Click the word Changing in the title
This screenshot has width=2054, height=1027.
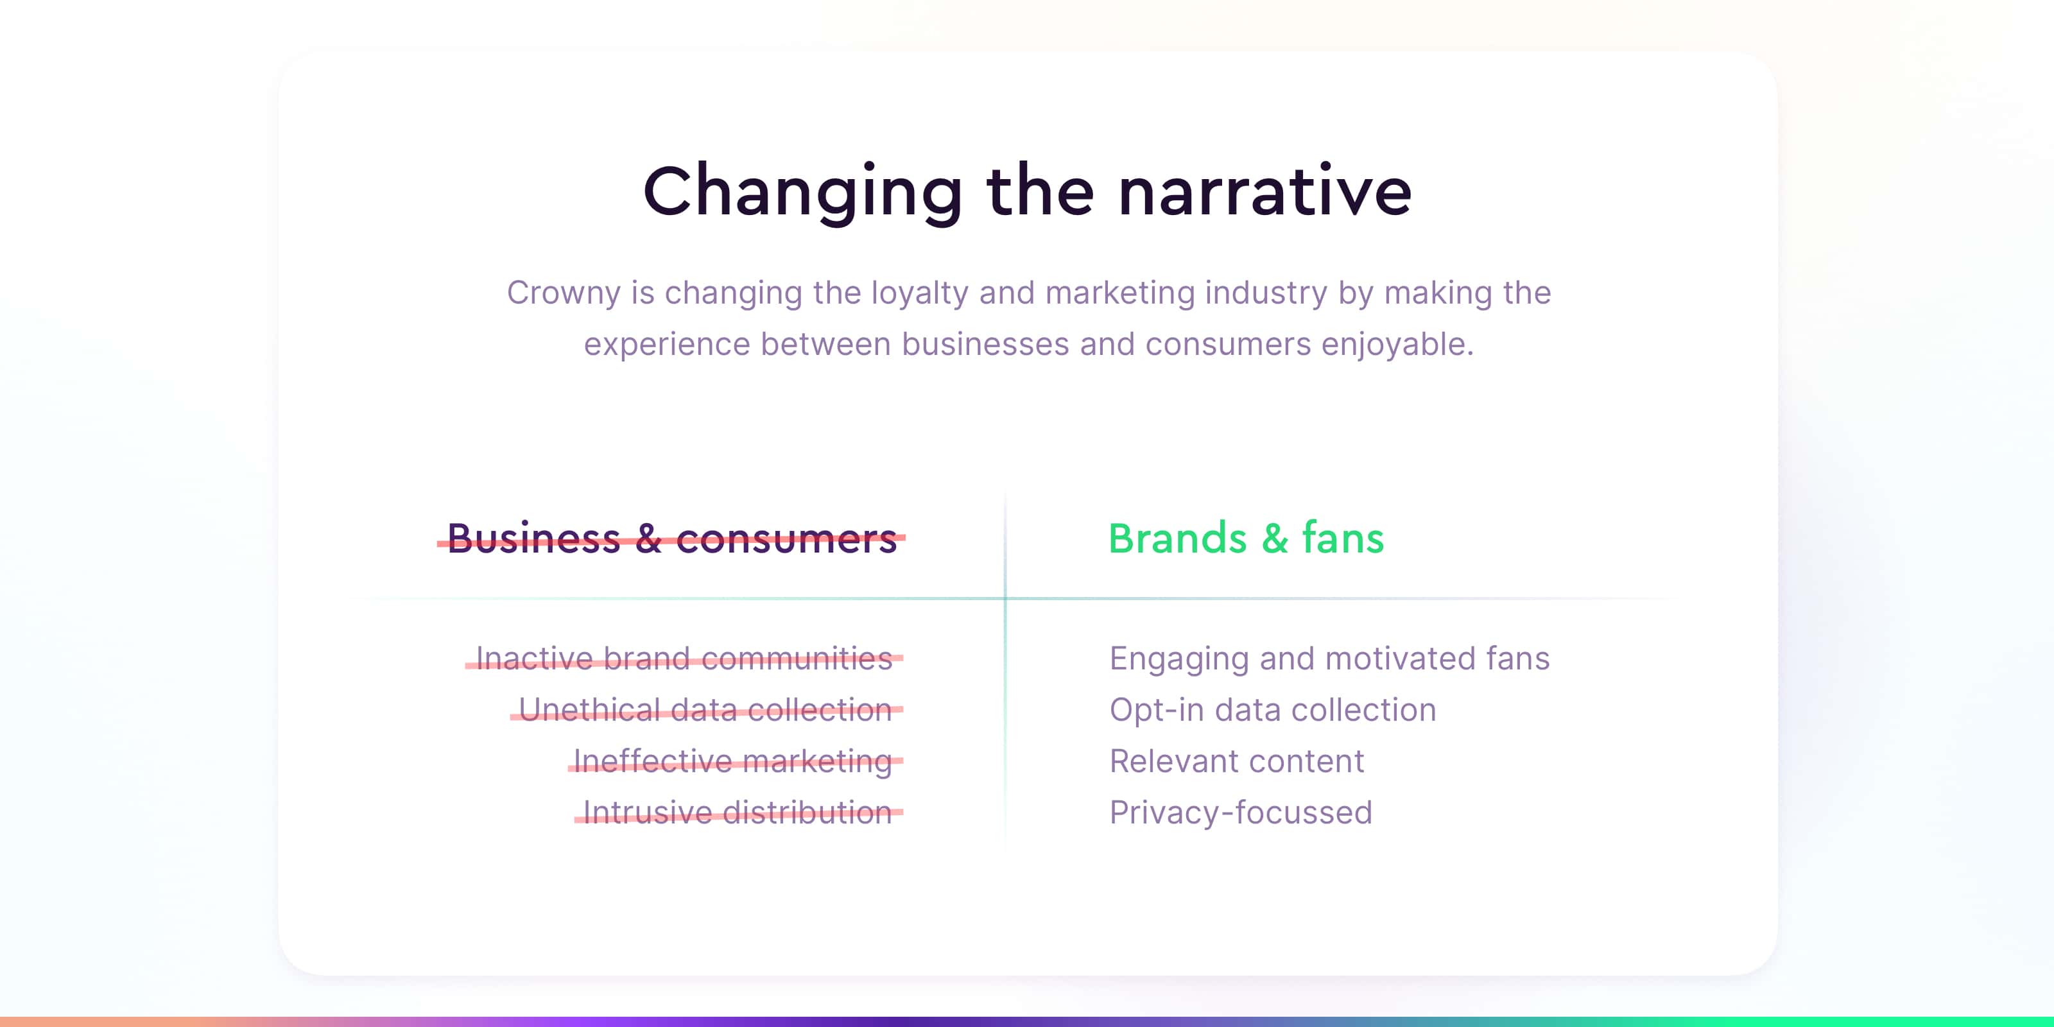[804, 193]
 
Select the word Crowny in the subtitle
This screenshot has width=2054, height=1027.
[564, 294]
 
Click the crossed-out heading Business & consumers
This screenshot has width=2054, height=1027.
[671, 539]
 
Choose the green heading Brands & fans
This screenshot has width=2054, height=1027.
[1247, 539]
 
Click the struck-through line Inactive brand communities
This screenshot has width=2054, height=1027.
[684, 659]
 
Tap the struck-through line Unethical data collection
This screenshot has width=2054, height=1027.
[707, 710]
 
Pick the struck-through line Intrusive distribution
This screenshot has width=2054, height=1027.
[738, 813]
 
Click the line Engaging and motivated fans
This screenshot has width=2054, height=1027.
[1330, 659]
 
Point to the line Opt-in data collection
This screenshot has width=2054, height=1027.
[1273, 711]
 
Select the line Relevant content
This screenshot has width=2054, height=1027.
[1237, 761]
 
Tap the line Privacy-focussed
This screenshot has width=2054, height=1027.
[1241, 813]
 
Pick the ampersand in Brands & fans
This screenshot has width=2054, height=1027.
[1274, 539]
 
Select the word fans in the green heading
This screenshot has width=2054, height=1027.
[1343, 539]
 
